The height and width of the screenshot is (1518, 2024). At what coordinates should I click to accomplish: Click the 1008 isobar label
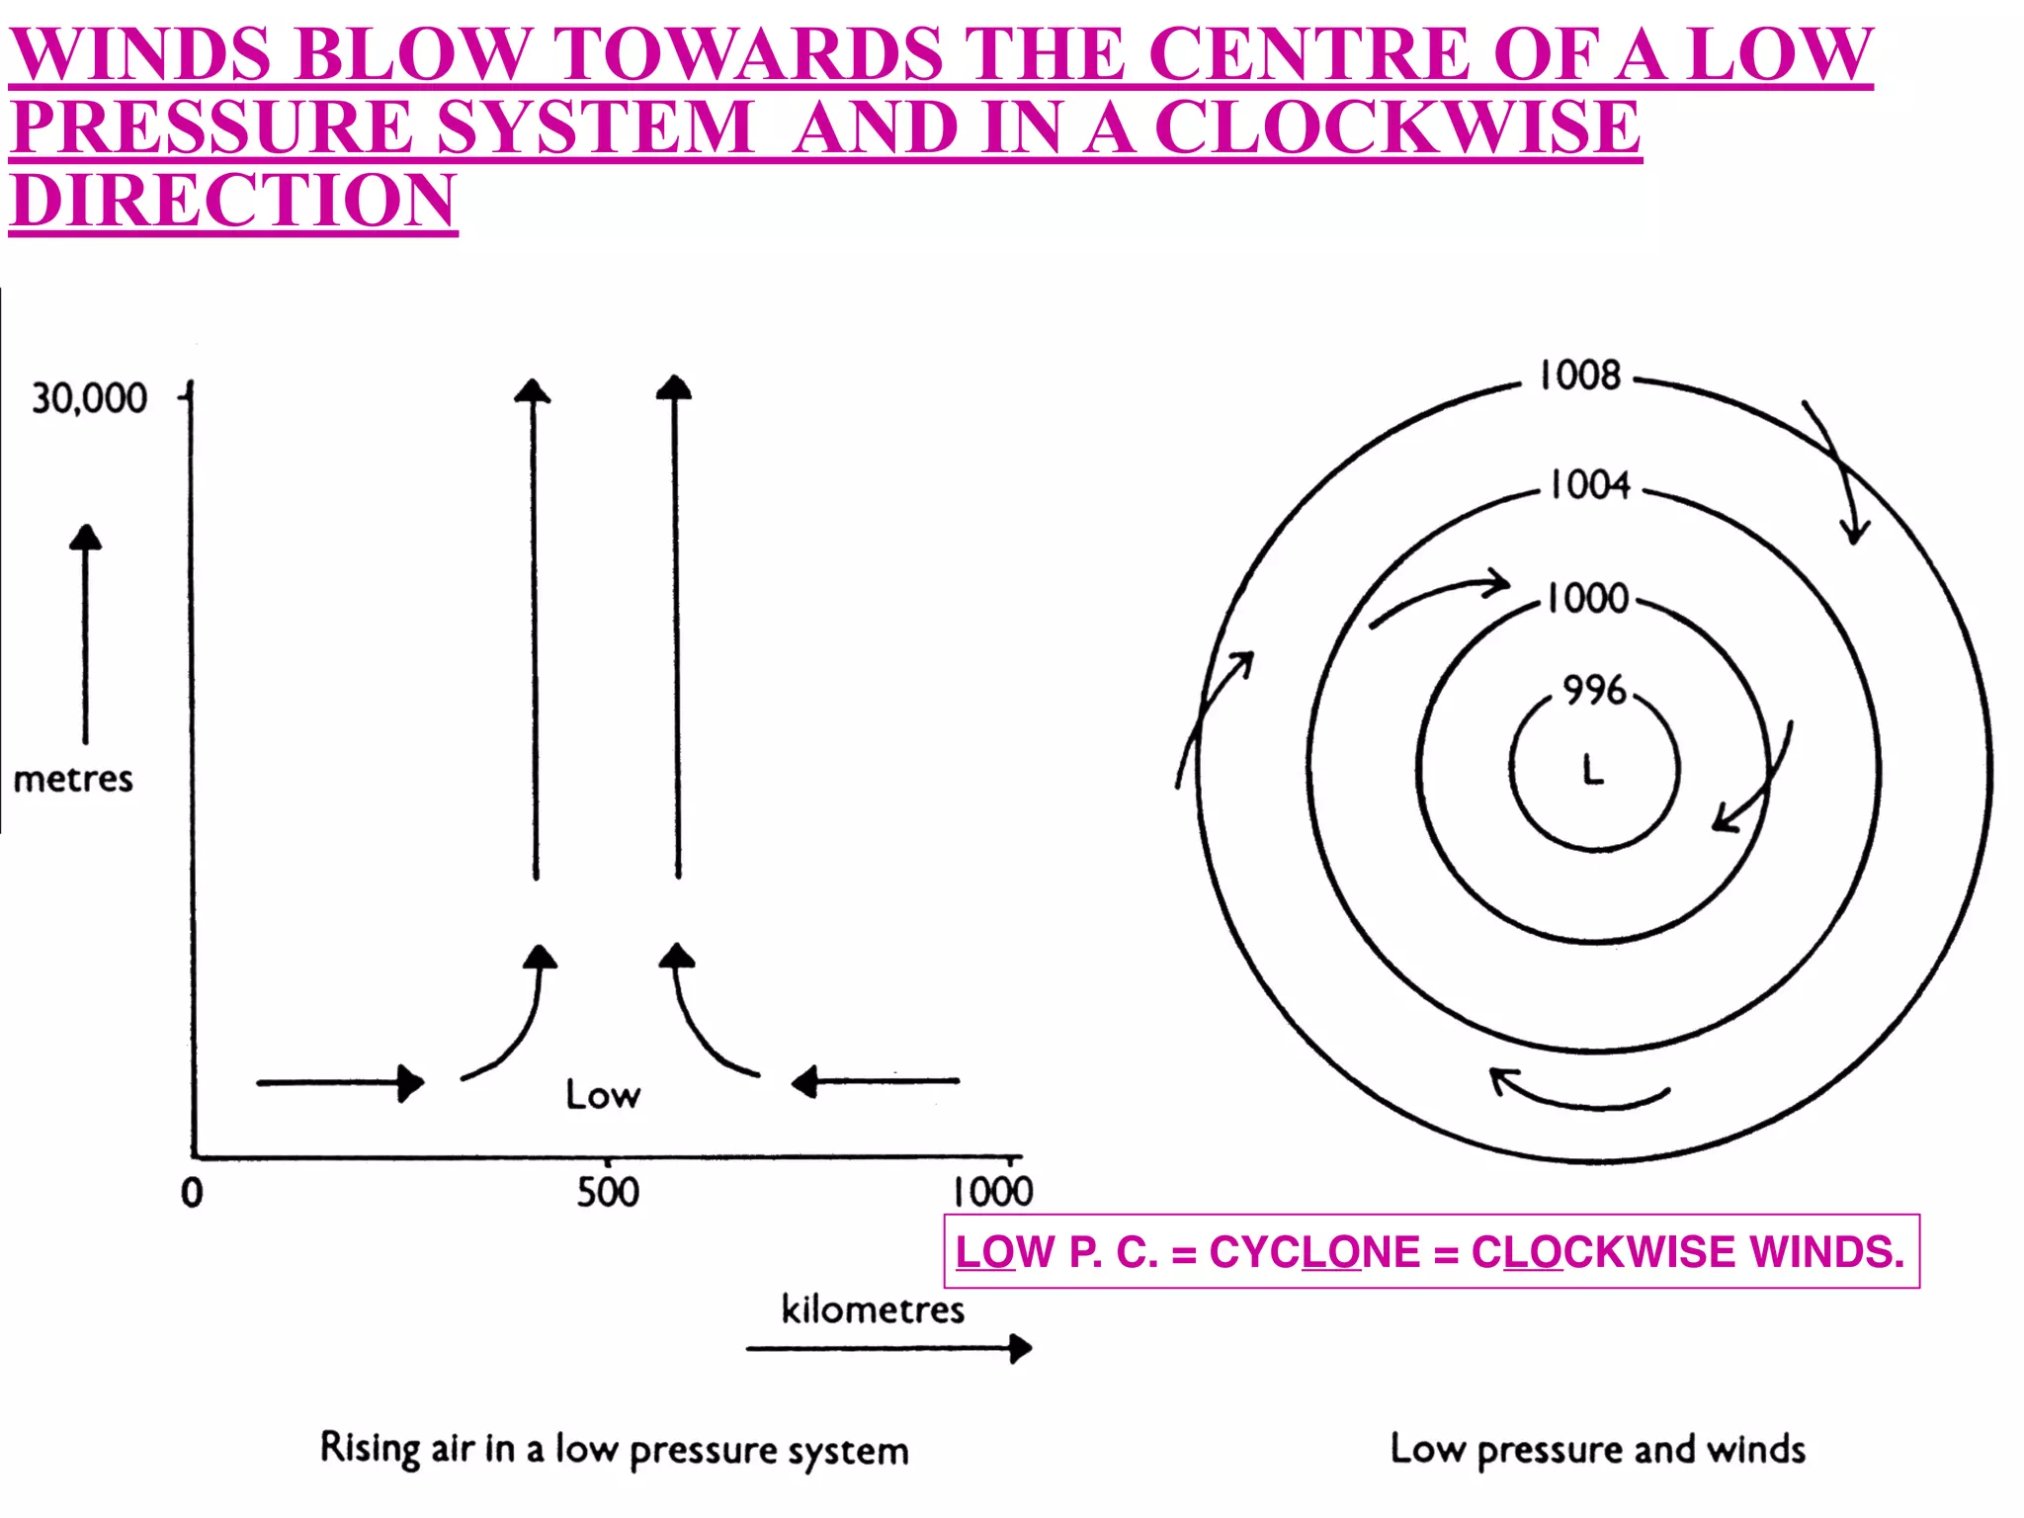1580,376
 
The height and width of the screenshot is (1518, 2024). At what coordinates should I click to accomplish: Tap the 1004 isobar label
1589,485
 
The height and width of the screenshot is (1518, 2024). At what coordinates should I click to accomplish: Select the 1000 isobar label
1587,598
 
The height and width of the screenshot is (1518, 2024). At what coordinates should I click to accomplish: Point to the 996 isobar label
1594,690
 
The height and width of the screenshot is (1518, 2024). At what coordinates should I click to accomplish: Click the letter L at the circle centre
1593,769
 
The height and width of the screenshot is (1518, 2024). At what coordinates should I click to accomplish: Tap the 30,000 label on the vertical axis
89,398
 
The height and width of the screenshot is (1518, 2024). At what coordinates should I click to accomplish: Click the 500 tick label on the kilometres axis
608,1192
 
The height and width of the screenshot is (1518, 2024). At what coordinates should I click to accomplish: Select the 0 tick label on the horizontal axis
192,1193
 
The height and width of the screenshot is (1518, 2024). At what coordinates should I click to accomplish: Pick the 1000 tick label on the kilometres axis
992,1192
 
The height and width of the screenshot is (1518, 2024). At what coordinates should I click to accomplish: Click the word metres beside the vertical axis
73,779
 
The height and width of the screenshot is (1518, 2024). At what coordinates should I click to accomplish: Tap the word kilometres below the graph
873,1309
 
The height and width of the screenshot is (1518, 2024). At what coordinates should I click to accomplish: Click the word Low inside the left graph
603,1095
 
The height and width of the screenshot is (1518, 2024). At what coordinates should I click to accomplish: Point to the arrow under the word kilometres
888,1348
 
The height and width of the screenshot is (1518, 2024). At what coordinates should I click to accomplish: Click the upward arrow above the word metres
86,633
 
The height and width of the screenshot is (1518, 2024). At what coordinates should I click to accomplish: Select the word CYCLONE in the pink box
1314,1252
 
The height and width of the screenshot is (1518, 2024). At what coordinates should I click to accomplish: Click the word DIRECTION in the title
233,201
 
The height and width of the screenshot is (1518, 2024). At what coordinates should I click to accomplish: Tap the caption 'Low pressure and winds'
1597,1449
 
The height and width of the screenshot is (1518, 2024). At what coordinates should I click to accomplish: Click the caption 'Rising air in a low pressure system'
614,1450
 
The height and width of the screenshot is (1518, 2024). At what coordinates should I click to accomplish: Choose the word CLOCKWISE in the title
1397,127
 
